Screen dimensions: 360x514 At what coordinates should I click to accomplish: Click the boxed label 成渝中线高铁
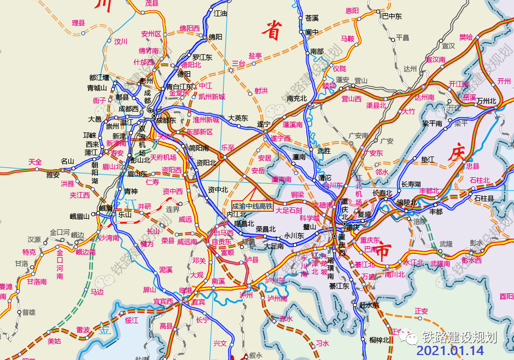tap(252, 206)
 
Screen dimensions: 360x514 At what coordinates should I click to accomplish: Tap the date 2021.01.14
tap(450, 350)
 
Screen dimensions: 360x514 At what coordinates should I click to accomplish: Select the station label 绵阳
tap(215, 37)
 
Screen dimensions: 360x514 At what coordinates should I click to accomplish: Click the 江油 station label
tap(220, 13)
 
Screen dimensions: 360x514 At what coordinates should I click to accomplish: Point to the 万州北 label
tap(486, 101)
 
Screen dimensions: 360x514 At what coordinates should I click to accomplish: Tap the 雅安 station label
tap(52, 175)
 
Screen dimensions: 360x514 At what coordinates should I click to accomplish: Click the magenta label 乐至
tap(227, 148)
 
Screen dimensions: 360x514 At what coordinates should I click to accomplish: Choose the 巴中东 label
tap(392, 16)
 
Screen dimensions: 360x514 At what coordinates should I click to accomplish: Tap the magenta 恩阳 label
tap(352, 10)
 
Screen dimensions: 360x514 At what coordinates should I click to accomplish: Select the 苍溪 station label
tap(312, 18)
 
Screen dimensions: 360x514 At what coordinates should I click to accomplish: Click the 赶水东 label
tap(369, 305)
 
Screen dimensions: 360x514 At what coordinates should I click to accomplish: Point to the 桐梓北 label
tap(379, 340)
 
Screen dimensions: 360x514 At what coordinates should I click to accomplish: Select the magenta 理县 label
tap(79, 23)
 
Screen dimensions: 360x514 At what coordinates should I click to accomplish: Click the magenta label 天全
tap(35, 161)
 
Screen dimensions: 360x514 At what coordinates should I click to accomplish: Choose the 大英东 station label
tap(238, 118)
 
